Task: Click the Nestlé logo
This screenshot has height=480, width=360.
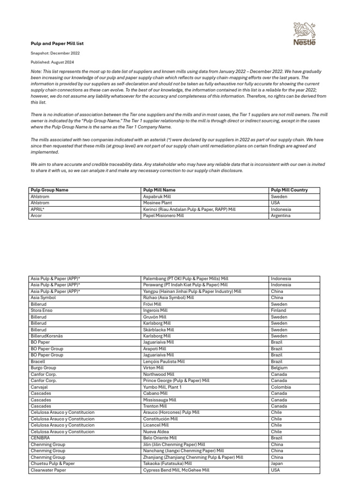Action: pyautogui.click(x=305, y=34)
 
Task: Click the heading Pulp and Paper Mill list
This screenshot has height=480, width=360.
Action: pyautogui.click(x=57, y=43)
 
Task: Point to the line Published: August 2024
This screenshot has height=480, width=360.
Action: pyautogui.click(x=52, y=62)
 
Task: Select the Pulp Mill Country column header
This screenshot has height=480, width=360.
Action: pyautogui.click(x=289, y=190)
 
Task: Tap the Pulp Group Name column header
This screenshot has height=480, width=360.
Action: pyautogui.click(x=49, y=190)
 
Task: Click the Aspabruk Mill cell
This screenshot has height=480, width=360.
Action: pyautogui.click(x=157, y=197)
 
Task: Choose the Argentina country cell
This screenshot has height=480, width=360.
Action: pyautogui.click(x=281, y=216)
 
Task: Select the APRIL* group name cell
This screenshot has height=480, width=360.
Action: pyautogui.click(x=37, y=210)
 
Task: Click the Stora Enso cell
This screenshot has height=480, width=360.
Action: pyautogui.click(x=42, y=310)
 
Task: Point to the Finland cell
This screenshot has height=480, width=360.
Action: pyautogui.click(x=278, y=310)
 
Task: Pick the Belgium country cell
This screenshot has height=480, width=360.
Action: pyautogui.click(x=279, y=368)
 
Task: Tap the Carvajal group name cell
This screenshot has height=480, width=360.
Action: pyautogui.click(x=39, y=387)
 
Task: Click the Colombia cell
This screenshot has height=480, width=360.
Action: pyautogui.click(x=281, y=387)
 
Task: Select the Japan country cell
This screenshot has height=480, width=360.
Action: pyautogui.click(x=277, y=464)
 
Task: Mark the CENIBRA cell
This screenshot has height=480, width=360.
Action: pyautogui.click(x=40, y=438)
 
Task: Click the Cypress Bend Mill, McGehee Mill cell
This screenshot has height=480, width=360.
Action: pyautogui.click(x=176, y=470)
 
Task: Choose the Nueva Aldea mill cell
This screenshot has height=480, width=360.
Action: pyautogui.click(x=156, y=432)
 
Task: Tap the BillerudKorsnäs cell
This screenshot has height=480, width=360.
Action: pyautogui.click(x=46, y=336)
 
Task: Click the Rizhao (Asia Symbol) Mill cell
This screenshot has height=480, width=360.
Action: pyautogui.click(x=168, y=298)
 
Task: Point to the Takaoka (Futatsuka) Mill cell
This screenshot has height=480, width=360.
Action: pyautogui.click(x=167, y=464)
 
